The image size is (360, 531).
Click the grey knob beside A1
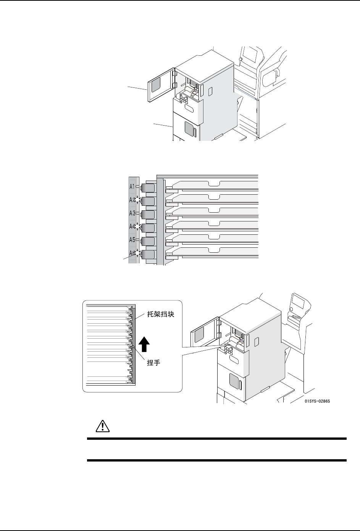[148, 188]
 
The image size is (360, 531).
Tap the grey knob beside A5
[148, 241]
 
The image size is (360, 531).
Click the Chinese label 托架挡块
[160, 316]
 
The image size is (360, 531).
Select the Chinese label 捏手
[153, 363]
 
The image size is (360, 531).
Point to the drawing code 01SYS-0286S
[317, 401]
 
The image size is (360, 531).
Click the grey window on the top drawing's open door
[156, 86]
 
